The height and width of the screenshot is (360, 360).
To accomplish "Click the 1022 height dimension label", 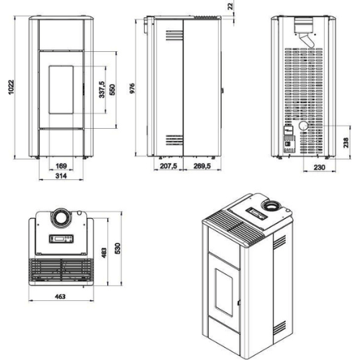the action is (x=12, y=87).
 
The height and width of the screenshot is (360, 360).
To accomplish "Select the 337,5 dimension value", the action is (x=102, y=89).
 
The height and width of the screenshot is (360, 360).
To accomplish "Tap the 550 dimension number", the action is (x=112, y=90).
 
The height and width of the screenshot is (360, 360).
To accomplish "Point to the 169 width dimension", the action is (x=61, y=166).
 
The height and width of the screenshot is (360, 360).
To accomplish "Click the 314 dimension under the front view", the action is (x=61, y=176).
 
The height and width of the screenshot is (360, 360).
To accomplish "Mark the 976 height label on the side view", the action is (x=132, y=89).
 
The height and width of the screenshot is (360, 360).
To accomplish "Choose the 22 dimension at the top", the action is (x=230, y=6).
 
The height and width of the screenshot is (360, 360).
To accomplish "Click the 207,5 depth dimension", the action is (x=168, y=166).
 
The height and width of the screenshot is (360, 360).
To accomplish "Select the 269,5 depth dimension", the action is (x=202, y=166).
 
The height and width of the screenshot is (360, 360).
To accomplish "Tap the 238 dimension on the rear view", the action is (x=346, y=143).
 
